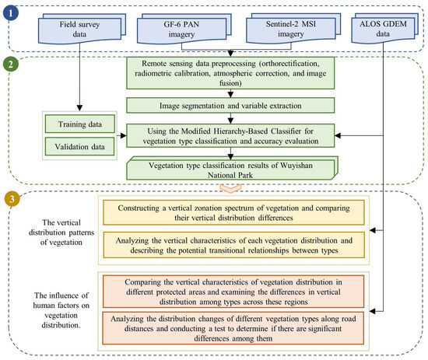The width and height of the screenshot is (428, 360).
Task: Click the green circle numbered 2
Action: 12,64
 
